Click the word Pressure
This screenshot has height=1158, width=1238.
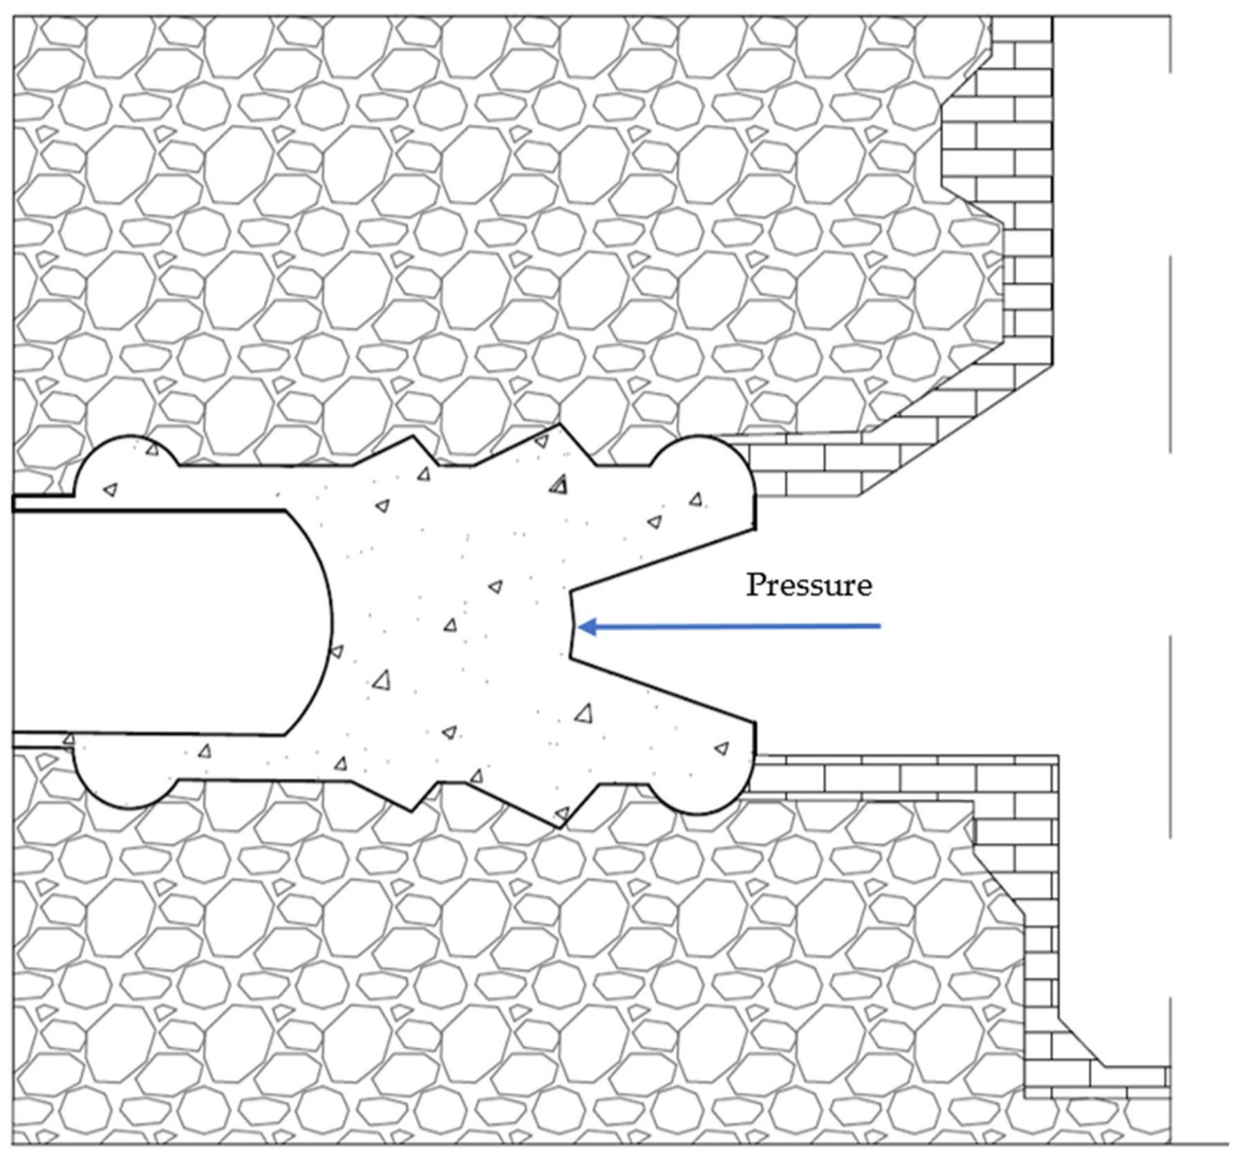(809, 585)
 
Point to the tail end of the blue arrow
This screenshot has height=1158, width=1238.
(880, 626)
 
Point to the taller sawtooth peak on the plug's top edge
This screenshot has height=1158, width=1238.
(561, 425)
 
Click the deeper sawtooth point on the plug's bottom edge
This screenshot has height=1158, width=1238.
(561, 827)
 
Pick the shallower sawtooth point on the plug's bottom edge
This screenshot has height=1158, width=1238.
(413, 810)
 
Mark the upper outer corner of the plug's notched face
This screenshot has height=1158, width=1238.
(755, 529)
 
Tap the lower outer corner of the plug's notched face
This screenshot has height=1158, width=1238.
(755, 723)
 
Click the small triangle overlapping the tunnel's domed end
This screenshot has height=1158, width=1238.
(337, 651)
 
